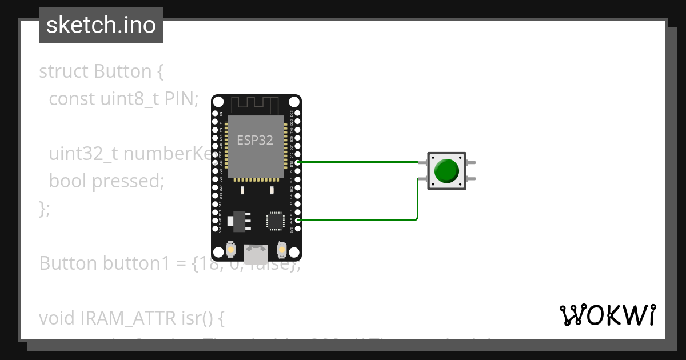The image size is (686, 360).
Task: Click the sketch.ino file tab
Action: (x=101, y=25)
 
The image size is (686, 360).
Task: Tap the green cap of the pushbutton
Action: (x=446, y=171)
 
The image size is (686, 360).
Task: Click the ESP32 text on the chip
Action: (x=255, y=140)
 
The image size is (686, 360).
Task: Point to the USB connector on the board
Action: (x=256, y=251)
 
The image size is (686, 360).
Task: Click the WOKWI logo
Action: (x=608, y=315)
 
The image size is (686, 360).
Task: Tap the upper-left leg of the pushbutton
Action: (x=422, y=163)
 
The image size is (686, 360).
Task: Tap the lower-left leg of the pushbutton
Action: (x=422, y=179)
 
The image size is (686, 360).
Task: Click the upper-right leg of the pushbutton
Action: (x=470, y=163)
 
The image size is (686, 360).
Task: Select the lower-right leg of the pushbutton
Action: (x=470, y=179)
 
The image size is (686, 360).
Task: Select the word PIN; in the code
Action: (x=181, y=99)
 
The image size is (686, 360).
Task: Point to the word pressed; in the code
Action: (x=128, y=181)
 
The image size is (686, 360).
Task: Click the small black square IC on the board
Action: (x=275, y=221)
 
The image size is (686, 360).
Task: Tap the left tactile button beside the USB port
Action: (x=231, y=250)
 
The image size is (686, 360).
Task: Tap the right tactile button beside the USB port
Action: (x=281, y=250)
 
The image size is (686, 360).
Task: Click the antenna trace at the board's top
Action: (x=256, y=105)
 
